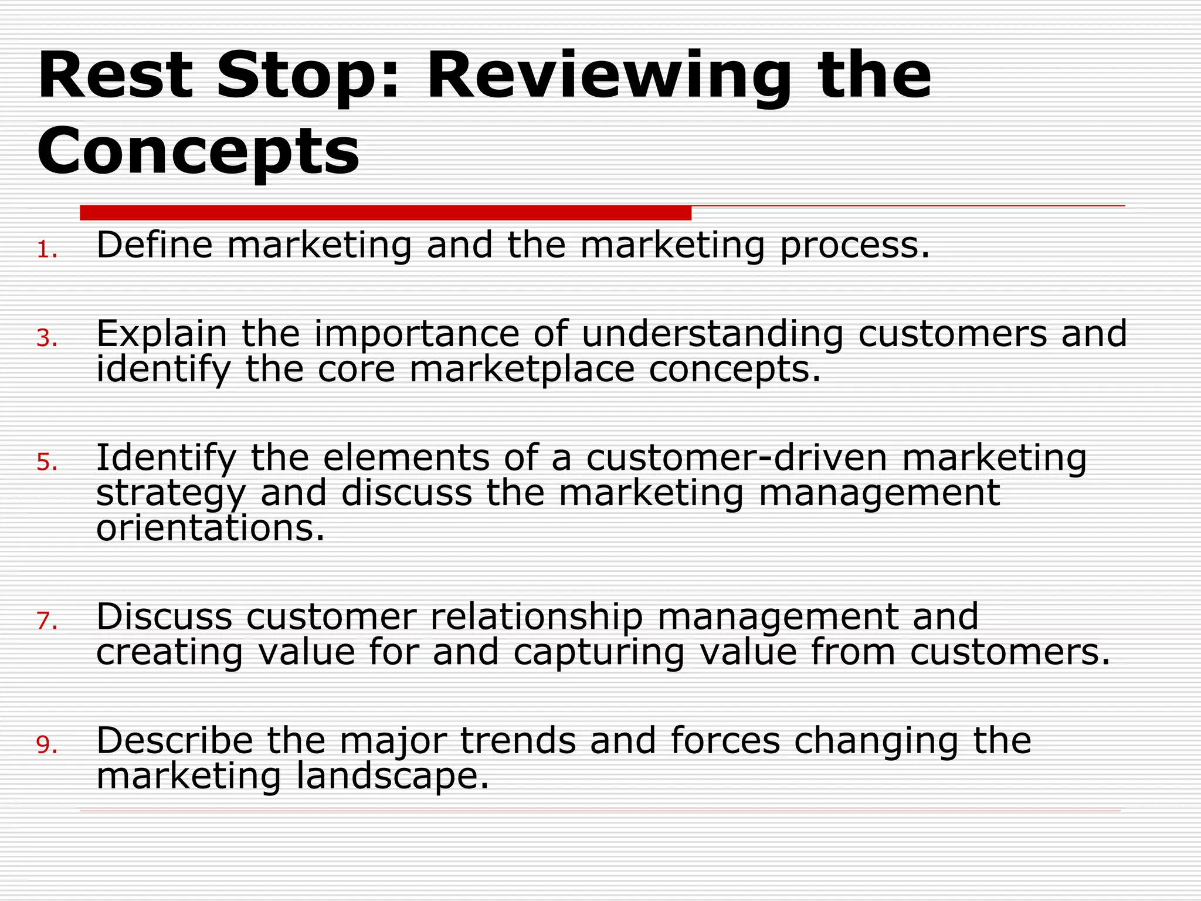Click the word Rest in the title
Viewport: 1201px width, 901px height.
(x=115, y=76)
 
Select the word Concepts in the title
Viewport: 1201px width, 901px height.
(x=198, y=151)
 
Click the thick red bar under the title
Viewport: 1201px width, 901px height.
(x=385, y=213)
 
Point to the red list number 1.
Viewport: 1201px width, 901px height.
(x=46, y=251)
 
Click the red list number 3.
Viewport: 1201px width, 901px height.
(x=46, y=339)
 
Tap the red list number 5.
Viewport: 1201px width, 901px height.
(x=46, y=463)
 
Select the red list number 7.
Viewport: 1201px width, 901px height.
(x=46, y=621)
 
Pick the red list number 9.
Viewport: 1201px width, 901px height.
(x=46, y=746)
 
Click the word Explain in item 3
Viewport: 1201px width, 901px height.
(x=161, y=334)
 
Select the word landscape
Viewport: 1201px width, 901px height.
(x=392, y=777)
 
